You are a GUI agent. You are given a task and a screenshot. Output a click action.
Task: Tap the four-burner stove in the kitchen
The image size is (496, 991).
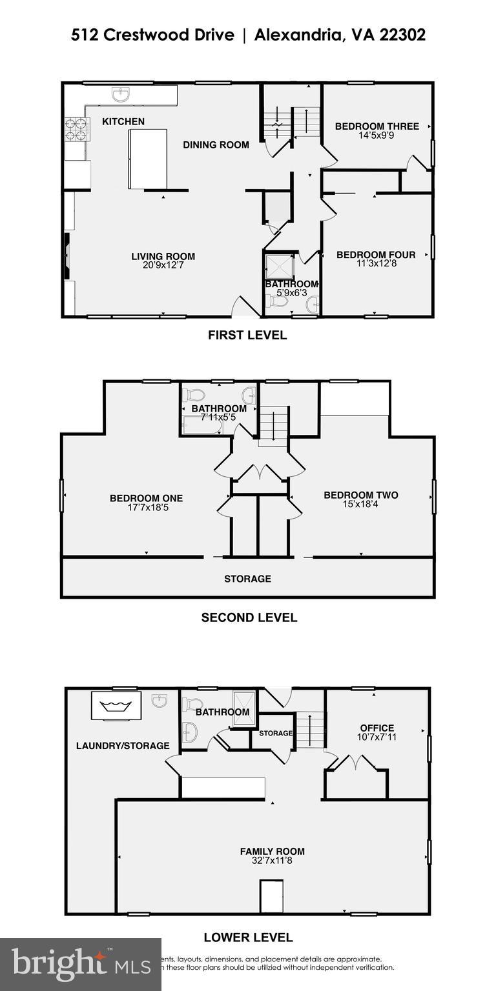click(77, 129)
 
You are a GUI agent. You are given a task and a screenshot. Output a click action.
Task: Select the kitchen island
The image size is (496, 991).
click(147, 159)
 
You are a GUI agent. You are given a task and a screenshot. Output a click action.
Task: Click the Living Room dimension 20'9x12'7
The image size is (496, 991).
click(163, 265)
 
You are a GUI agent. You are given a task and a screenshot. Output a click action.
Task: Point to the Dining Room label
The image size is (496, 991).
click(216, 145)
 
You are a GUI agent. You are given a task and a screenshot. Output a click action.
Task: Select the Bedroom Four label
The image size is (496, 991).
click(376, 255)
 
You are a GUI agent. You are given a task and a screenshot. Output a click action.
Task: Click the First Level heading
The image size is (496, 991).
click(247, 335)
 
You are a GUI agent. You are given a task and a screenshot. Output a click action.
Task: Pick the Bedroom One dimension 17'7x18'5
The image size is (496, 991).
click(146, 508)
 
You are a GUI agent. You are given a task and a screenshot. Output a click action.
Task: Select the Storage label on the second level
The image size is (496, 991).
click(247, 579)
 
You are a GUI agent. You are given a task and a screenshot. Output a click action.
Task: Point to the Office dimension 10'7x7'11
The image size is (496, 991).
click(377, 737)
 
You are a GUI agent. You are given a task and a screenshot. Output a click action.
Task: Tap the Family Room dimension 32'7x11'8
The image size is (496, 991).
click(272, 860)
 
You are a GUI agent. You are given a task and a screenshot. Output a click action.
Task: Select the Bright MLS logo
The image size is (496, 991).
click(80, 964)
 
